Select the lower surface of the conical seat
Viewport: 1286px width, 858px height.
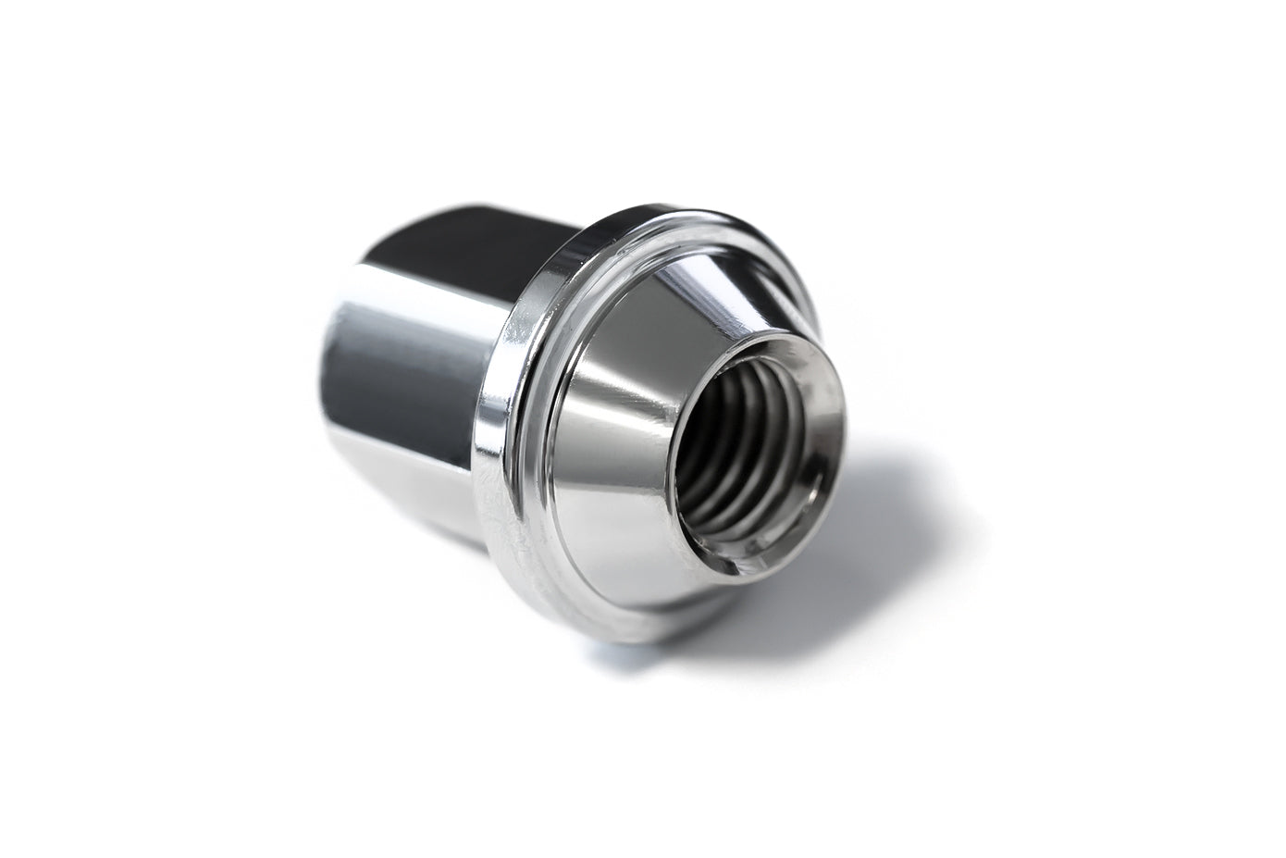pyautogui.click(x=648, y=574)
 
